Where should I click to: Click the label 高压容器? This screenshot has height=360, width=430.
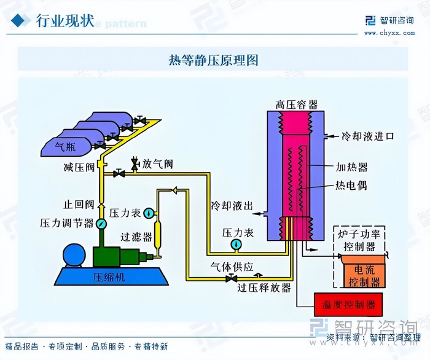297,104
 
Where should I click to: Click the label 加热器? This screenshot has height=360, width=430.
351,166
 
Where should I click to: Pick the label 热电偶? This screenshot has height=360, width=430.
351,186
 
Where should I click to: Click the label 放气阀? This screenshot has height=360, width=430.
157,164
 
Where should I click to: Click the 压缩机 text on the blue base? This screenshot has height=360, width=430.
109,277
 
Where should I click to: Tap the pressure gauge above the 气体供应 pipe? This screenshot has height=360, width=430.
236,245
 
